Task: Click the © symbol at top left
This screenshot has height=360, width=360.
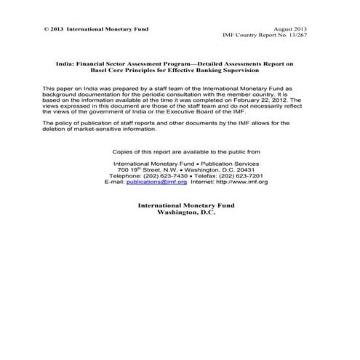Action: (46, 29)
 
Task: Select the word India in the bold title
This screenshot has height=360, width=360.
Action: (65, 65)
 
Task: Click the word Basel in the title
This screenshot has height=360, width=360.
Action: (120, 71)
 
